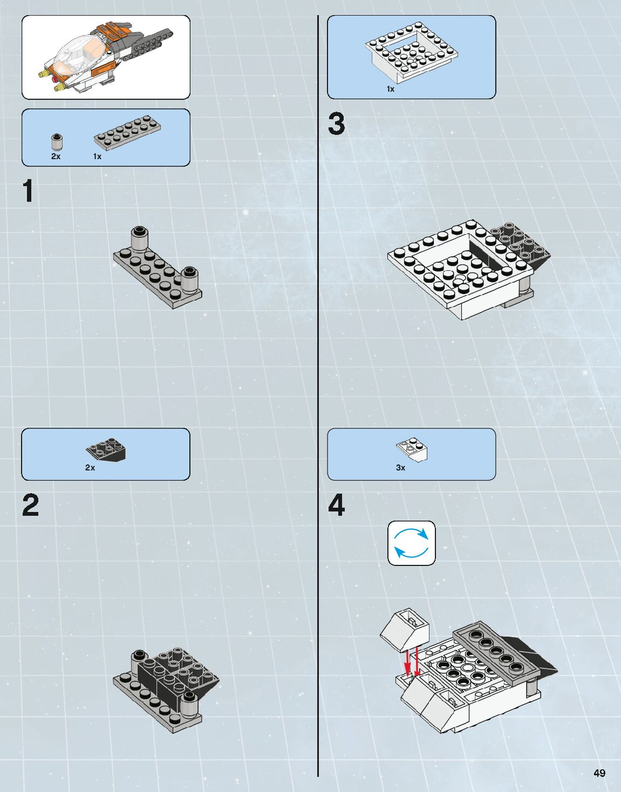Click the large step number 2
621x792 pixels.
pos(30,506)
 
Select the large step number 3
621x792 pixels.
pos(336,124)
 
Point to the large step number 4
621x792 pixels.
pos(336,506)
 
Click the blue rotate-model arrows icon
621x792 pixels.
pos(412,543)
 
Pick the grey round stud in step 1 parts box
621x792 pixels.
pos(56,142)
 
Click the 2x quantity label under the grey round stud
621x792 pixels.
pos(56,156)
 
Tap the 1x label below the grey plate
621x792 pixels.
pos(97,156)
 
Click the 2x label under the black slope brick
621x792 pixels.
pos(90,468)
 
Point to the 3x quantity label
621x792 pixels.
pos(400,468)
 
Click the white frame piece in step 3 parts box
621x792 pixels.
pos(412,53)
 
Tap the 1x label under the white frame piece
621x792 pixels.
pos(390,89)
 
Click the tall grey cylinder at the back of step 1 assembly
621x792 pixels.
pos(140,239)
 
